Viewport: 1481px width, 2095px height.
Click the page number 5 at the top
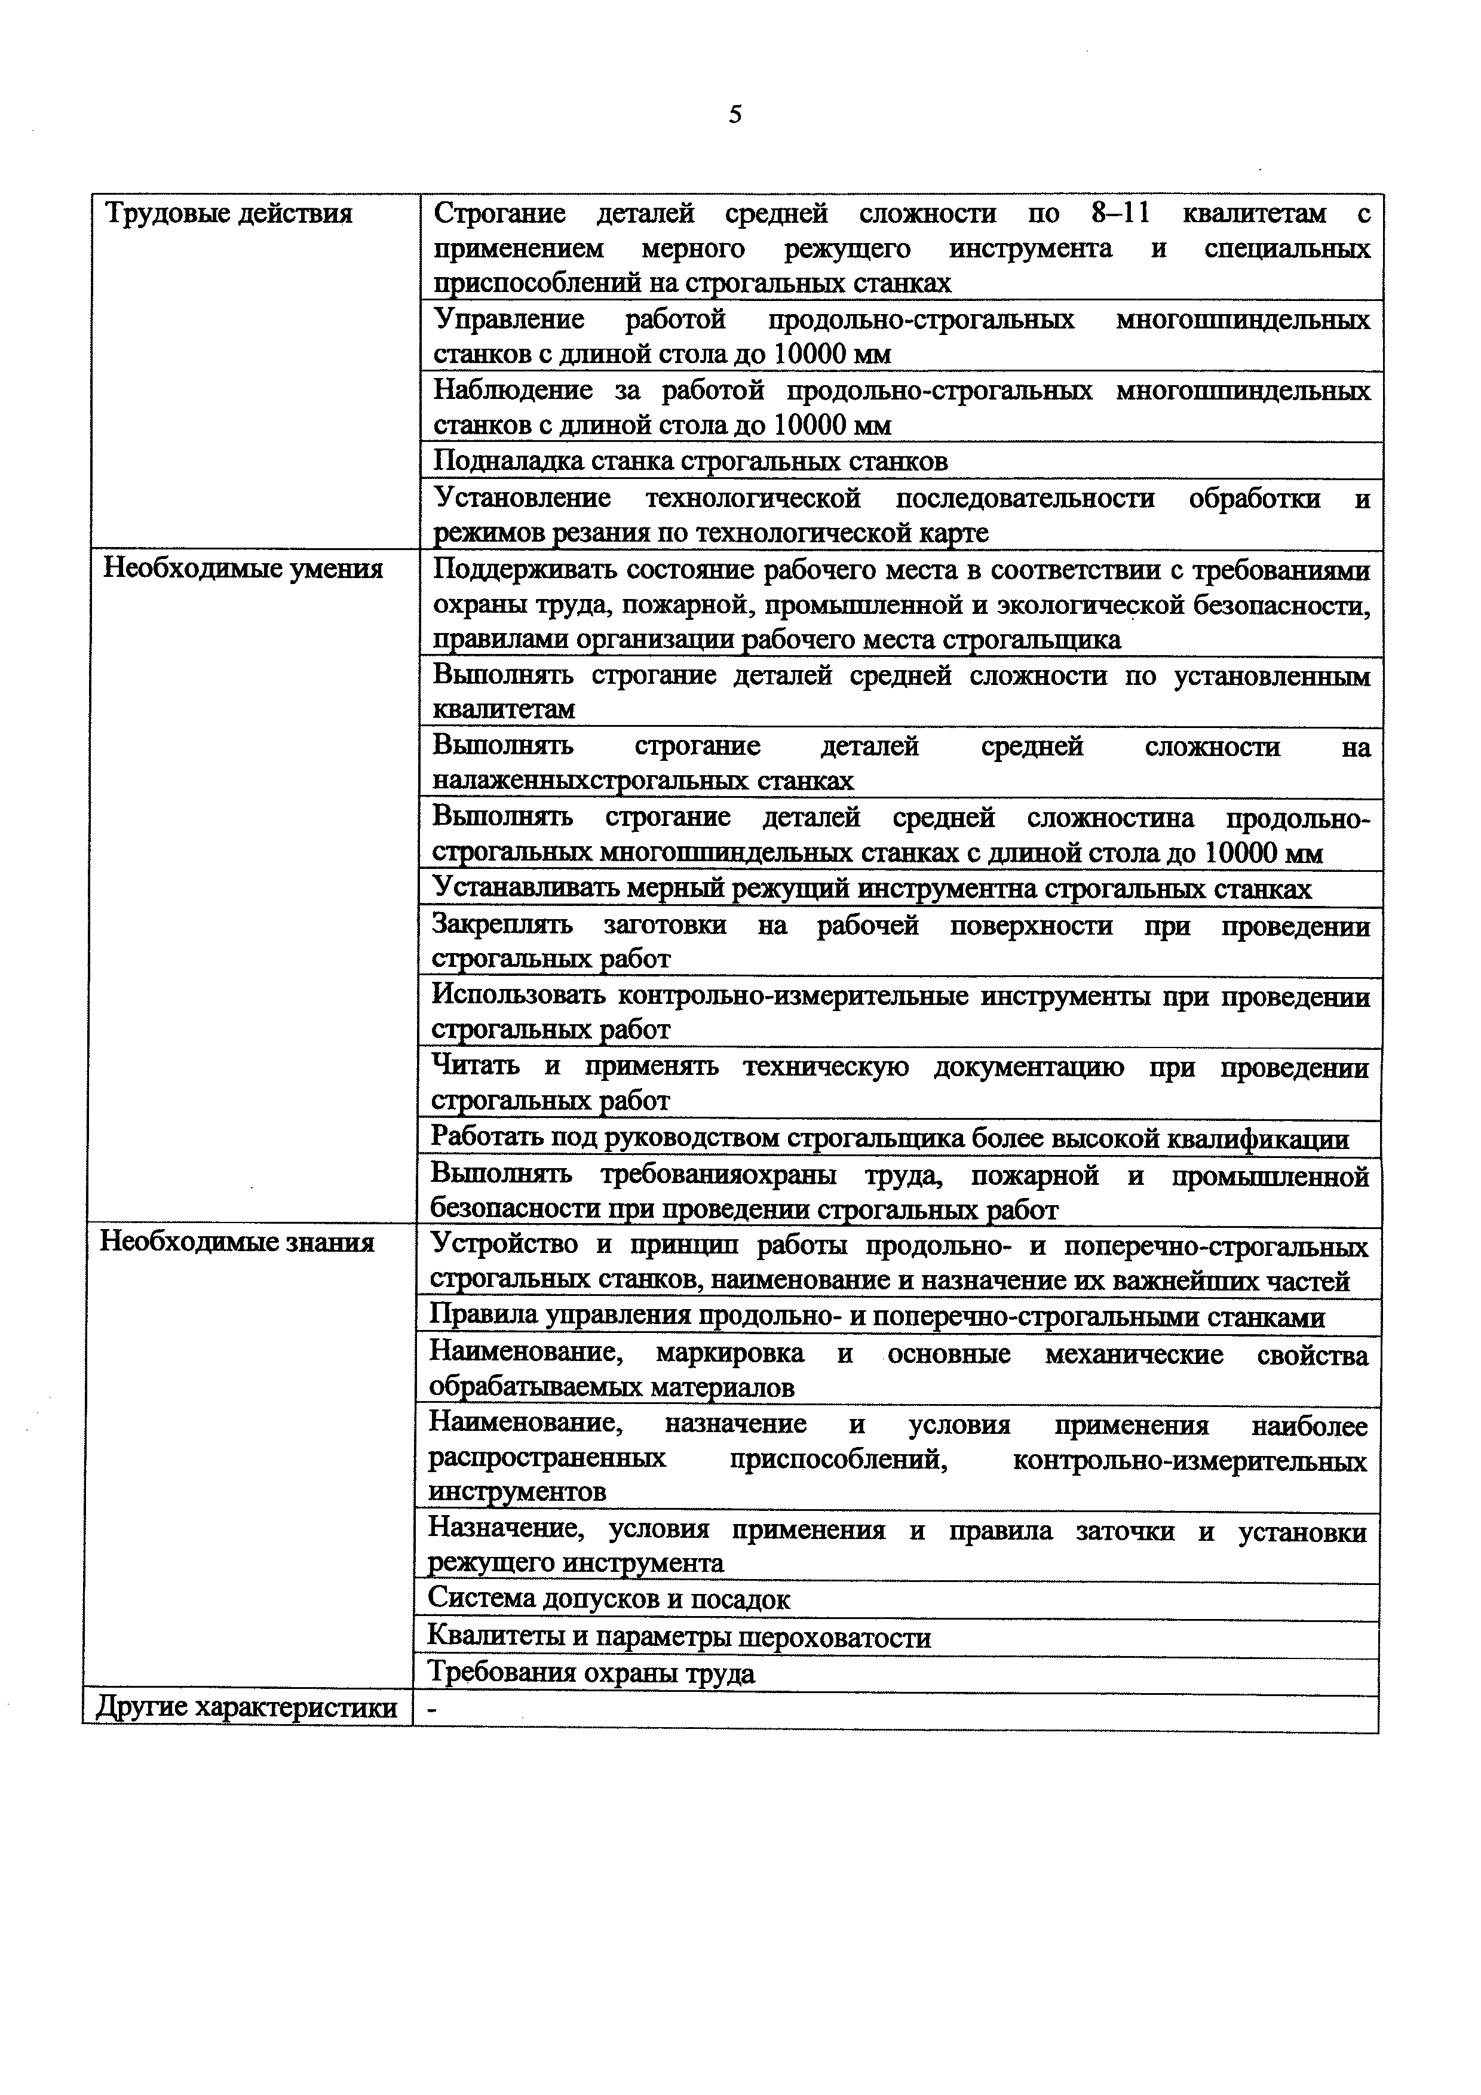click(x=735, y=114)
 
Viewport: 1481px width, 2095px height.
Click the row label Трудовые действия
click(x=229, y=214)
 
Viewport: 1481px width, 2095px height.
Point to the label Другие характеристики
click(x=246, y=1707)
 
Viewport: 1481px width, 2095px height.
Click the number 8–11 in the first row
click(x=1121, y=214)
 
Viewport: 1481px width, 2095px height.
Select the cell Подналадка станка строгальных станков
click(x=690, y=462)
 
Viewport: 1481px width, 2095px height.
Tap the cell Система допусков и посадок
click(x=609, y=1599)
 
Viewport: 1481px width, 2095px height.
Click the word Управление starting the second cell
click(x=508, y=320)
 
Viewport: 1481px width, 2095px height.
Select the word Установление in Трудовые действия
click(x=521, y=498)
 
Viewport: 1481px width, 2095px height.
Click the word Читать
click(x=474, y=1066)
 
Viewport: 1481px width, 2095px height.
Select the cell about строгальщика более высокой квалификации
click(x=889, y=1139)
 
